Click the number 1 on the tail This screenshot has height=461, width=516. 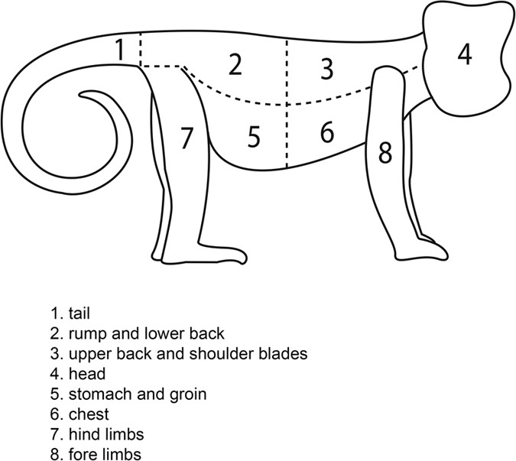pyautogui.click(x=121, y=50)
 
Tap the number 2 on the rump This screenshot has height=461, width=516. pyautogui.click(x=235, y=64)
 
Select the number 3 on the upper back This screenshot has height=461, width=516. pyautogui.click(x=327, y=69)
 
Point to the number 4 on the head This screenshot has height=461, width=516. pyautogui.click(x=465, y=54)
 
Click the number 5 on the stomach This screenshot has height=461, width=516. pyautogui.click(x=254, y=136)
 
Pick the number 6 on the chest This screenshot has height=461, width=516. pyautogui.click(x=327, y=131)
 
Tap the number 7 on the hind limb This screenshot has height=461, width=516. pyautogui.click(x=187, y=137)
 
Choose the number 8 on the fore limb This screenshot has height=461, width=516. pyautogui.click(x=385, y=152)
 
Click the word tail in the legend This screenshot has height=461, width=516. pyautogui.click(x=80, y=313)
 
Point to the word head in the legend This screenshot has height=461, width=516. pyautogui.click(x=87, y=374)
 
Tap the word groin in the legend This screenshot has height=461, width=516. pyautogui.click(x=188, y=394)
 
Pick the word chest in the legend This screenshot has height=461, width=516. pyautogui.click(x=89, y=414)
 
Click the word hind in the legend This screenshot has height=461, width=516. pyautogui.click(x=84, y=434)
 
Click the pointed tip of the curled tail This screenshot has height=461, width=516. pyautogui.click(x=80, y=96)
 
